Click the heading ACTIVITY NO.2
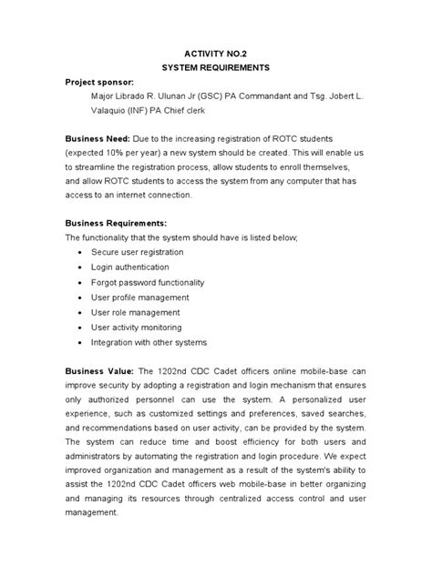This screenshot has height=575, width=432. [x=216, y=54]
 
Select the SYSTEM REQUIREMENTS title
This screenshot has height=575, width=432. [x=216, y=68]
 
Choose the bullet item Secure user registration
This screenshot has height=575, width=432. [x=137, y=252]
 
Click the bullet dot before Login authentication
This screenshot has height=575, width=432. [x=83, y=267]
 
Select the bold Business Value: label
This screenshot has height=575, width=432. [x=99, y=372]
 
